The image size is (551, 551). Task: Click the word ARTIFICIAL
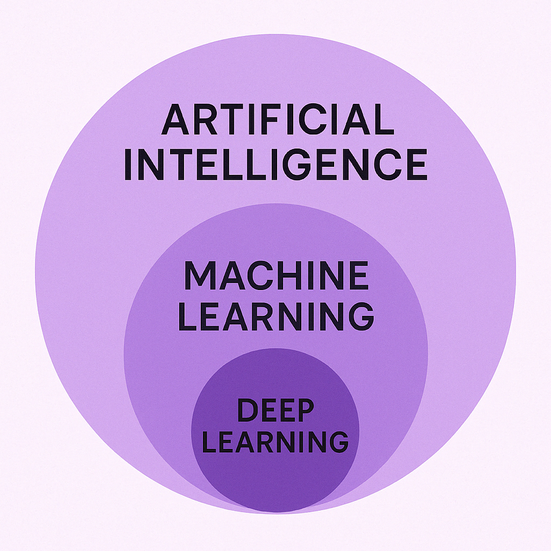tap(278, 119)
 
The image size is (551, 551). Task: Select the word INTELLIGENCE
tap(276, 165)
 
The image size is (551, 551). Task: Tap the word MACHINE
tap(276, 275)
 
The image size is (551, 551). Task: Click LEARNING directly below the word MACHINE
tap(276, 316)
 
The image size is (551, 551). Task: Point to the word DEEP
tap(275, 410)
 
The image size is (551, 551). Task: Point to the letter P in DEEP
tap(305, 410)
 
